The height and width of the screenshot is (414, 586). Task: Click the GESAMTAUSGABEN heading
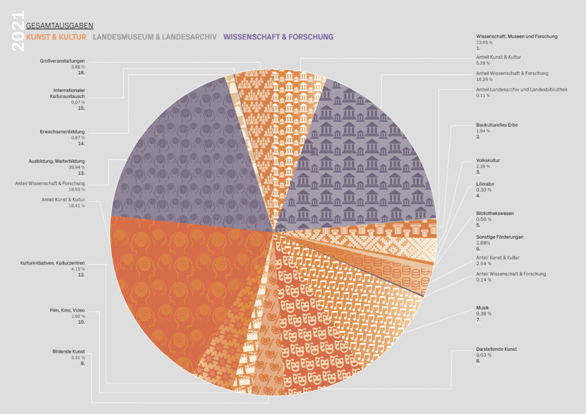(x=60, y=26)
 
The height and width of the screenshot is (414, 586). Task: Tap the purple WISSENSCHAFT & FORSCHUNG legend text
(x=278, y=37)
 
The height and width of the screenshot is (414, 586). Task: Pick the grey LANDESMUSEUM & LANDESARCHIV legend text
(x=155, y=37)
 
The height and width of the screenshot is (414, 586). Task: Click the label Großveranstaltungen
(x=63, y=61)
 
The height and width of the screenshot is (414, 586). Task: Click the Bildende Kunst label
(x=69, y=351)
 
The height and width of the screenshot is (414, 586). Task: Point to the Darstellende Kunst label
(x=496, y=349)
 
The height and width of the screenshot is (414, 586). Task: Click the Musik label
(x=483, y=307)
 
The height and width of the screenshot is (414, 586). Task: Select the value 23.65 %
(x=484, y=43)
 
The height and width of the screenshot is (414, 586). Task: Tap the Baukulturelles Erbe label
(x=496, y=125)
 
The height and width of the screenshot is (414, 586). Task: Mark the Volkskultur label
(x=488, y=160)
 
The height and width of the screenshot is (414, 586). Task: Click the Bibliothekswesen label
(x=495, y=213)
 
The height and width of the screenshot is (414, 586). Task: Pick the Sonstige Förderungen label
(x=499, y=237)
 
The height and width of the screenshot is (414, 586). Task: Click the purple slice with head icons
(x=188, y=152)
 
